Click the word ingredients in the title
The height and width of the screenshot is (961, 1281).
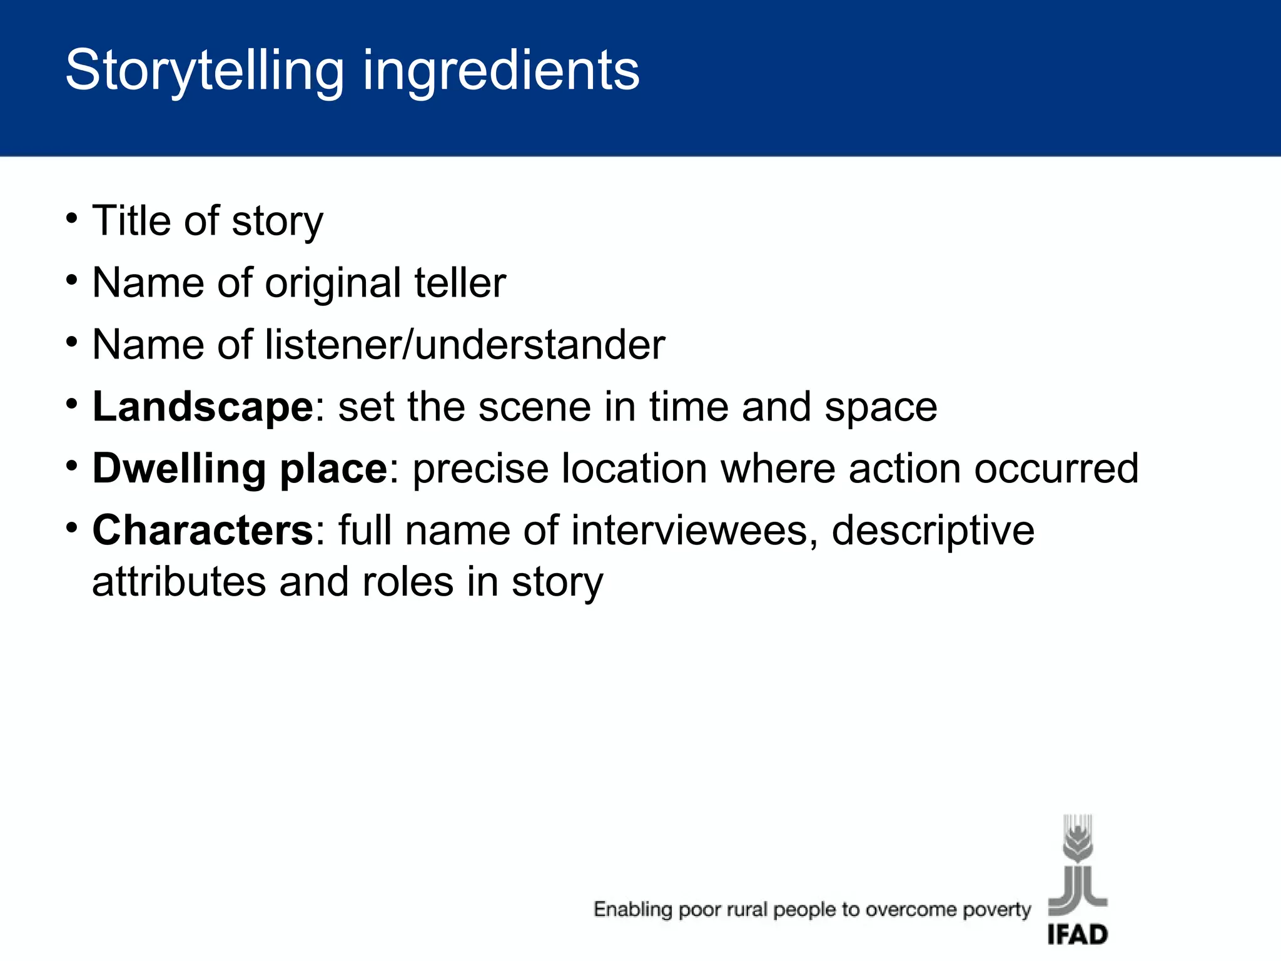pyautogui.click(x=501, y=71)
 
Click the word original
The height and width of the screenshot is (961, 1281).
pyautogui.click(x=333, y=284)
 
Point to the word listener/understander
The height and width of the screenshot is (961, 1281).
pyautogui.click(x=465, y=345)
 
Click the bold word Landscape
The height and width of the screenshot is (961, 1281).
pyautogui.click(x=203, y=407)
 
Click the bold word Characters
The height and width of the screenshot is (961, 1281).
pyautogui.click(x=203, y=531)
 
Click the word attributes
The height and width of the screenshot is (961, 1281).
pyautogui.click(x=179, y=582)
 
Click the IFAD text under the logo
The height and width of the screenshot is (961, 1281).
pyautogui.click(x=1077, y=935)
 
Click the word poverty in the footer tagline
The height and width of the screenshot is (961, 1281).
pyautogui.click(x=996, y=910)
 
